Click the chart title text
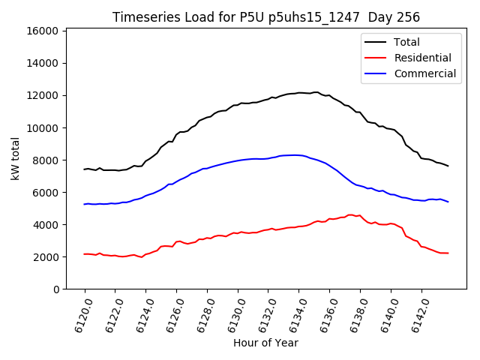pos(266,17)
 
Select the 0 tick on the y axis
pos(55,289)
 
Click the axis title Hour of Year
pos(265,343)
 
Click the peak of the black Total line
pos(315,92)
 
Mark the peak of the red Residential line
pos(350,214)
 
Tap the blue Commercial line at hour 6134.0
pos(299,155)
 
